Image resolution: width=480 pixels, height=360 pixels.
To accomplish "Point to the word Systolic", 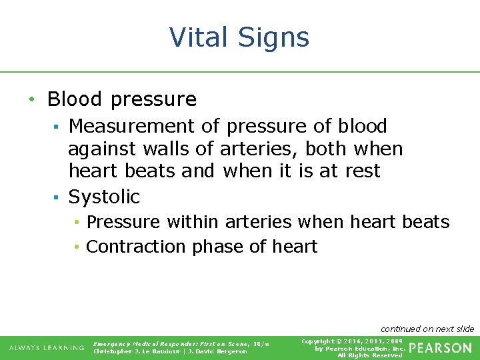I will coord(104,197).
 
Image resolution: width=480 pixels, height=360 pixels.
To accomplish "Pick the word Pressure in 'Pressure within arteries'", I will coord(123,221).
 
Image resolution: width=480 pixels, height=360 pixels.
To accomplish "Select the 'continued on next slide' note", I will coord(427,329).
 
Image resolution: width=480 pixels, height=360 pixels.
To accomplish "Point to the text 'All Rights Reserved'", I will coord(370,355).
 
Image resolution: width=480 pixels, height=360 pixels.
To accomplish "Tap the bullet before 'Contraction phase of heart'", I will coord(77,247).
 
